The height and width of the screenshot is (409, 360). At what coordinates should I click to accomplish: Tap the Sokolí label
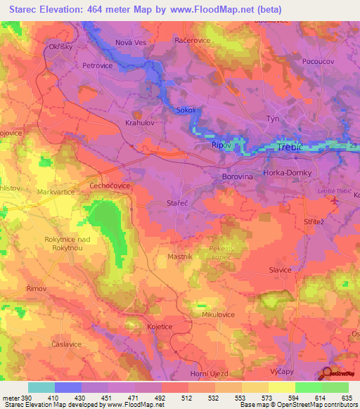[186, 110]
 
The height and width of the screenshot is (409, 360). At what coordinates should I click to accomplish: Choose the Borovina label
[237, 178]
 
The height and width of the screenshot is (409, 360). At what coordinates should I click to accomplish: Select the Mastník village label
[180, 257]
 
